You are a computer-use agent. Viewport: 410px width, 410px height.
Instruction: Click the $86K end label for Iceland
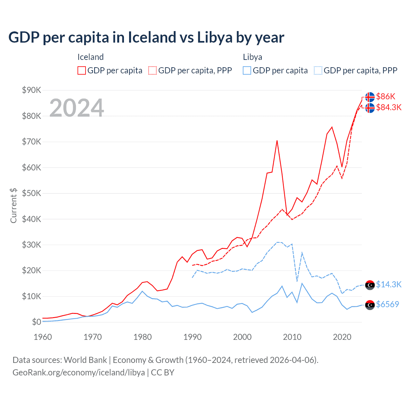pos(386,96)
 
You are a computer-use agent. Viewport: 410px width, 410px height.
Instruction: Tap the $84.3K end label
pos(389,107)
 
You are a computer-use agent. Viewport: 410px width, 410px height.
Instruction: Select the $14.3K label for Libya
pos(389,284)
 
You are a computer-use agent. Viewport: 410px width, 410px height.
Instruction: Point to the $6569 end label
pos(387,304)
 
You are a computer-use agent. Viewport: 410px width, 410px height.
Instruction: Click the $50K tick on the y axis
pos(31,193)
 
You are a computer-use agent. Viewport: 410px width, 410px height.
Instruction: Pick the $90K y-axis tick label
pos(31,90)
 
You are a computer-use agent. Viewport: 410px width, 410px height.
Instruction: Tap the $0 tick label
pos(37,322)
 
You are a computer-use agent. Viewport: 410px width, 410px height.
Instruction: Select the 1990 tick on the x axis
pos(193,337)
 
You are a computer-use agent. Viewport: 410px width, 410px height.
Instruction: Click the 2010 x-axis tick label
pos(292,337)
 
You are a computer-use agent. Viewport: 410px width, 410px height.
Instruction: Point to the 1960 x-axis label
pos(43,337)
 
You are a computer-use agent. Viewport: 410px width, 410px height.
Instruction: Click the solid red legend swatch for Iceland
pos(82,70)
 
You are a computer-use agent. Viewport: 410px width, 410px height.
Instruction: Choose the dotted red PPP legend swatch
pos(152,70)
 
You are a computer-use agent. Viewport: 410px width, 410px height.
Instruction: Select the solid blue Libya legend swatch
pos(247,70)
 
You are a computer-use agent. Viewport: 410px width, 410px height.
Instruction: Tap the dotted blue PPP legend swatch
pos(318,70)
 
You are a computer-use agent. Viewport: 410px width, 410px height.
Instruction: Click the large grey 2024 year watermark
pos(77,108)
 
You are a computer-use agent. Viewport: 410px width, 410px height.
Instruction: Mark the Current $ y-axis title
pos(13,205)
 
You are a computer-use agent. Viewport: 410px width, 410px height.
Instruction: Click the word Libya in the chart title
pos(215,37)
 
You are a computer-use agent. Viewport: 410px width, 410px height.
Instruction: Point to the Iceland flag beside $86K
pos(370,97)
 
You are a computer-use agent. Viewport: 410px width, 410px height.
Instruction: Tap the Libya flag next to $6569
pos(370,305)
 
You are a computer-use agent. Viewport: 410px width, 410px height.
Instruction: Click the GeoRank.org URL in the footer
pos(78,373)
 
